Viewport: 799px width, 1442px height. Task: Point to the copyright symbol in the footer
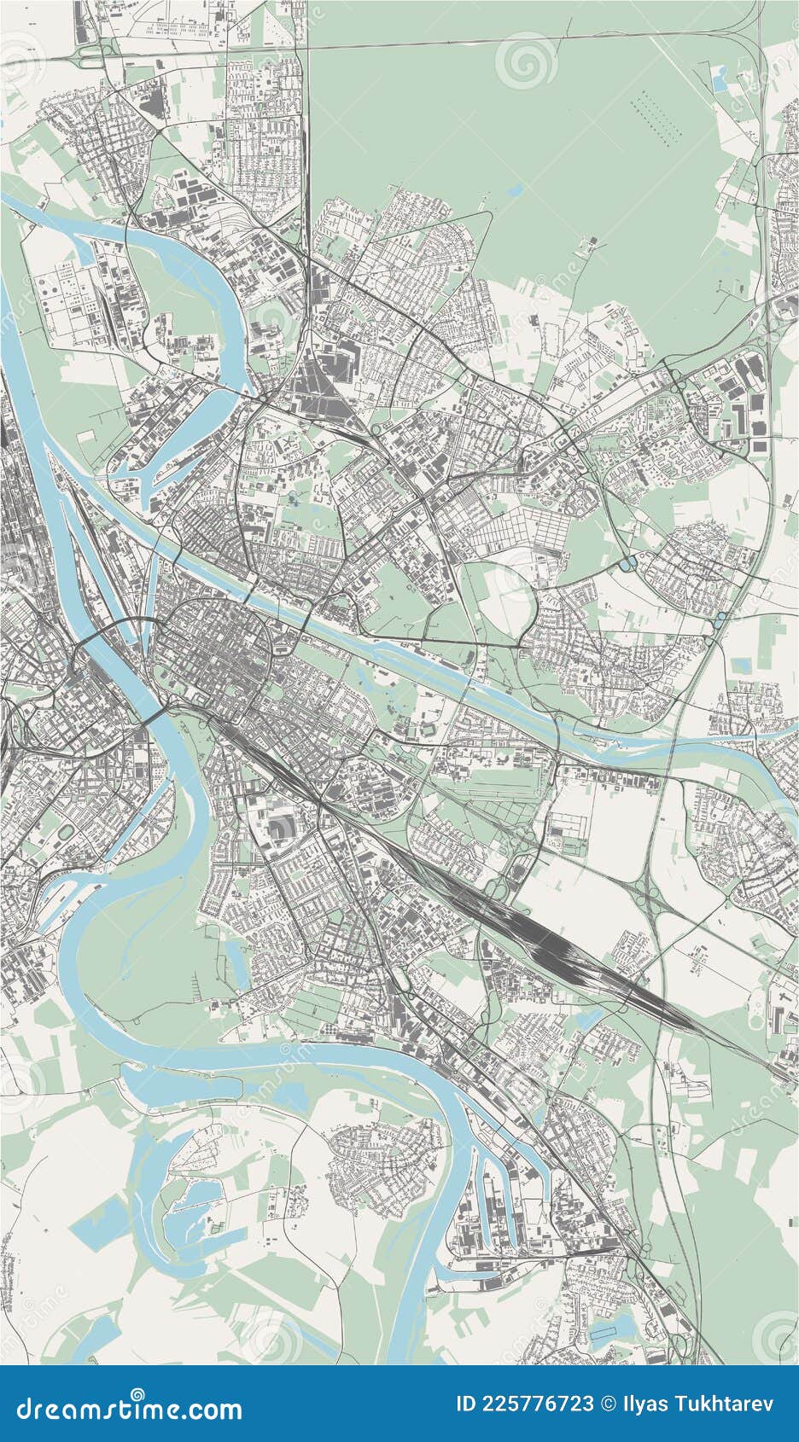click(x=607, y=1404)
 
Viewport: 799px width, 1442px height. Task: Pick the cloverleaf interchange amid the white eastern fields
click(x=649, y=887)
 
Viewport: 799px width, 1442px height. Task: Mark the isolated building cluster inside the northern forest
click(x=587, y=247)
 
